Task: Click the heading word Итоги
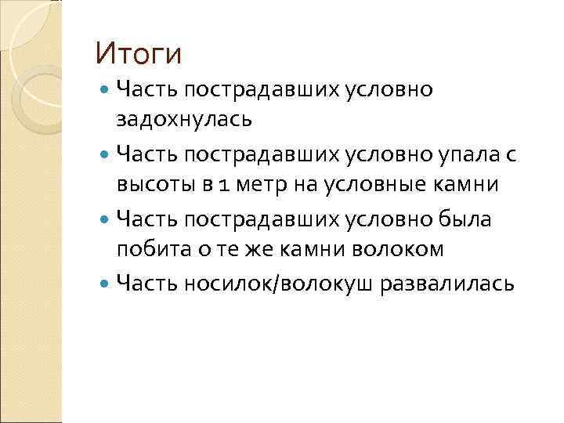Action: coord(138,54)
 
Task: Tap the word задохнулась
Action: coord(185,119)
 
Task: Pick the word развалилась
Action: coord(447,284)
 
